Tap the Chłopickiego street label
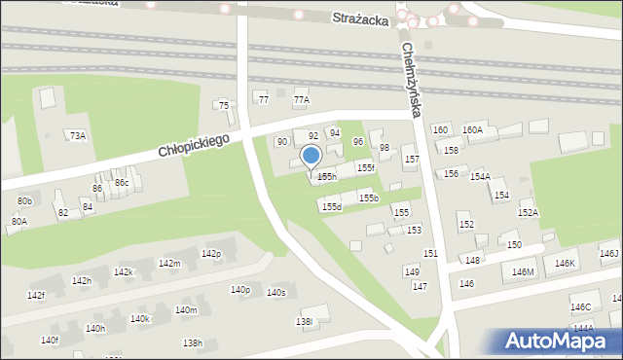tap(195, 148)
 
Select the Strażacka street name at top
tap(360, 18)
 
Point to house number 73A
tap(77, 136)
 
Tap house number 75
tap(224, 105)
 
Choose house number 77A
tap(301, 99)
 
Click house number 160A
tap(472, 129)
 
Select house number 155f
tap(365, 168)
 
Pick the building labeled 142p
tap(211, 254)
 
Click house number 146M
tap(524, 271)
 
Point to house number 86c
tap(122, 182)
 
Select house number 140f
tap(50, 340)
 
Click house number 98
tap(385, 148)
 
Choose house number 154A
tap(480, 176)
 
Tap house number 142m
tap(169, 264)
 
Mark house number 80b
tap(25, 200)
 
